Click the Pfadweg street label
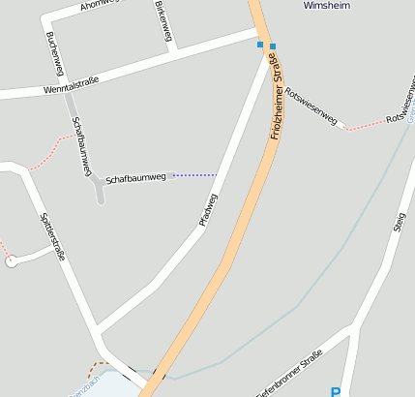[x=208, y=210]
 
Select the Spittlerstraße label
[x=52, y=237]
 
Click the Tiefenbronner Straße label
[x=288, y=377]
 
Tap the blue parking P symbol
[x=336, y=392]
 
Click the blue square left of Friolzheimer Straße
[x=259, y=44]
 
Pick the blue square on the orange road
[x=273, y=46]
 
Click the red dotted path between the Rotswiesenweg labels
[x=365, y=125]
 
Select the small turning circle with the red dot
[x=11, y=260]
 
